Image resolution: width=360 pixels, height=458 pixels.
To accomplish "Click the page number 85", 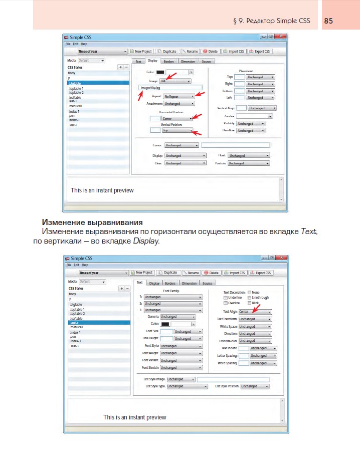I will point(329,21).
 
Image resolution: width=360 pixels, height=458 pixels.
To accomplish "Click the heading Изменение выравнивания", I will point(93,222).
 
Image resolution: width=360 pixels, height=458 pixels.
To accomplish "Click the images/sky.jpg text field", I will point(170,88).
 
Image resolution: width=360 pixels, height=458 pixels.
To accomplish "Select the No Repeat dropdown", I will point(179,96).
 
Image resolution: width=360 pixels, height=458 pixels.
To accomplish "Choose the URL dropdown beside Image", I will point(175,81).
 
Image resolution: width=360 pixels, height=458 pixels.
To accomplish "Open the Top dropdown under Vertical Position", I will point(177,130).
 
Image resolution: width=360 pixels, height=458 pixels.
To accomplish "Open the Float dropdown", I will point(249,156).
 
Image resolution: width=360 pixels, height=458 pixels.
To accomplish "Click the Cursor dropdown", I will point(182,145).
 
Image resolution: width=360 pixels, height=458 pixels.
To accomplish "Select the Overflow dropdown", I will point(250,130).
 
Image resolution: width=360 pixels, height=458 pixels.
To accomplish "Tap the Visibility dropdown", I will point(251,123).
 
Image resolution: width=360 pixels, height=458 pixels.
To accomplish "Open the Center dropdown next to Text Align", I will point(255,312).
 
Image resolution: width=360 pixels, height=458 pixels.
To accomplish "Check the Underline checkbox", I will point(225,298).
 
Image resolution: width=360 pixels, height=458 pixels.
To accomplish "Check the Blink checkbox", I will point(249,303).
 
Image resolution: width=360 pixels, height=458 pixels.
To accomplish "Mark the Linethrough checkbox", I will point(249,298).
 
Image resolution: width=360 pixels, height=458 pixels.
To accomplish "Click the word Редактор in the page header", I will point(268,21).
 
